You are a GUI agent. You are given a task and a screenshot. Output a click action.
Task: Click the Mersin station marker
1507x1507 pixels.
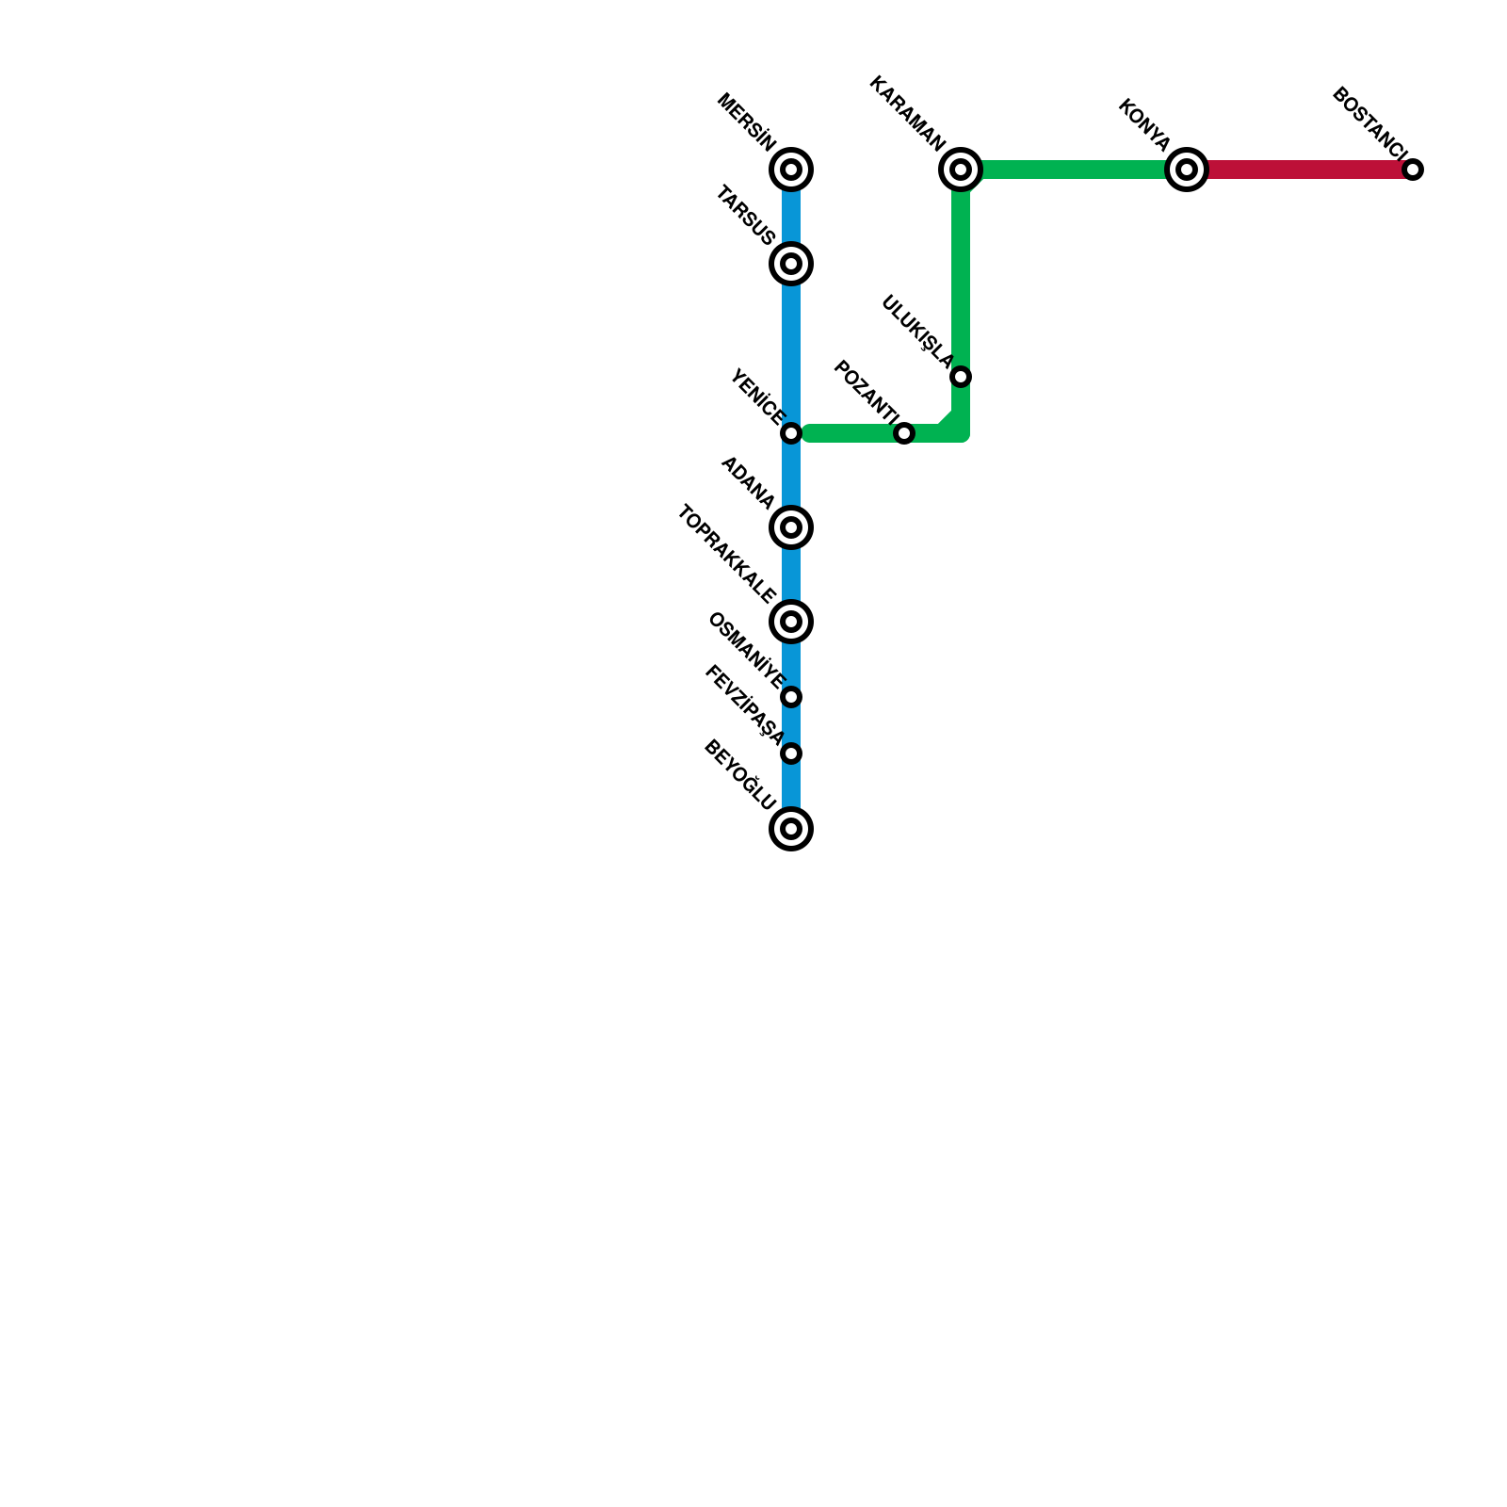tap(791, 170)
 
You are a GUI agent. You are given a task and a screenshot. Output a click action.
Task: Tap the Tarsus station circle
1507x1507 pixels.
tap(791, 264)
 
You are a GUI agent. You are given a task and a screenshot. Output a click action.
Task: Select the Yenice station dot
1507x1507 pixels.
tap(791, 433)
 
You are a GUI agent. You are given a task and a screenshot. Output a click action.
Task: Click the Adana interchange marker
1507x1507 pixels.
tap(791, 527)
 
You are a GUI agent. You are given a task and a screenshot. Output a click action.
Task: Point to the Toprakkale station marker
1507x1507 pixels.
tap(791, 622)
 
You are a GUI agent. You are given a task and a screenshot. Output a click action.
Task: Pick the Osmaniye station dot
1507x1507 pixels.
tap(791, 697)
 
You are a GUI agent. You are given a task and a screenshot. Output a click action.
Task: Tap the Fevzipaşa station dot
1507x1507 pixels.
tap(791, 753)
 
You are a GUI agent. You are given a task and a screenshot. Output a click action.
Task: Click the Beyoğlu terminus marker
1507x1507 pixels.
tap(791, 829)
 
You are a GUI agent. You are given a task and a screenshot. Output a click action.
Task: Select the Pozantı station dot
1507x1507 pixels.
tap(904, 433)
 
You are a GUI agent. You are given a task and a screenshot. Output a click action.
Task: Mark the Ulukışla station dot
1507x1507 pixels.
tap(961, 377)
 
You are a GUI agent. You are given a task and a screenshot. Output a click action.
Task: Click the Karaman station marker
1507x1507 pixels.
tap(961, 170)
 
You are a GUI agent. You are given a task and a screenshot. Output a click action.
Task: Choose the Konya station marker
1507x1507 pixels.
tap(1187, 170)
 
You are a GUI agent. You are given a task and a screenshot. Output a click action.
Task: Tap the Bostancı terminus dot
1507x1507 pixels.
tap(1413, 170)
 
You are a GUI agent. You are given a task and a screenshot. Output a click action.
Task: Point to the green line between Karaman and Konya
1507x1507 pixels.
tap(1074, 170)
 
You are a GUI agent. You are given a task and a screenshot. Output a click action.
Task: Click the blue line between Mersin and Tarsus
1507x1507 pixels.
tap(791, 217)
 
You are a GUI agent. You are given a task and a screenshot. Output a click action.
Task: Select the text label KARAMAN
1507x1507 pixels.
tap(906, 113)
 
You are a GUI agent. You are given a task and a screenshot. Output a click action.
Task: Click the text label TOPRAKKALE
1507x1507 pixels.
tap(726, 555)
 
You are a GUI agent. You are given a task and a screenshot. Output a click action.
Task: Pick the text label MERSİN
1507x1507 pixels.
tap(747, 122)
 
